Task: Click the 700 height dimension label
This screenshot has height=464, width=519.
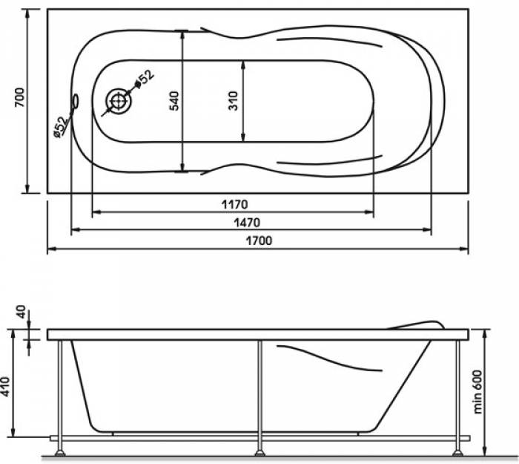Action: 19,97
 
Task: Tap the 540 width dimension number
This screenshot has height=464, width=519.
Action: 174,101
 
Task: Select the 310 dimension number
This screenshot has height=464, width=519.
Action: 234,101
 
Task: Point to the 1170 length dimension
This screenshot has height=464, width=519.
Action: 235,204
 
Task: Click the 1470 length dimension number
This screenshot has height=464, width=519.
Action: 247,223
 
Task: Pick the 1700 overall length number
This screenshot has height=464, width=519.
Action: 259,241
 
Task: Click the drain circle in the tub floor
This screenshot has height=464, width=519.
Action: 117,102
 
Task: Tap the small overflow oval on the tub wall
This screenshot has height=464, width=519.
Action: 76,101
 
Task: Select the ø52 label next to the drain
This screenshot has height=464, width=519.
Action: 145,79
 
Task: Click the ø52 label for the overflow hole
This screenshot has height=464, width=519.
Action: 61,127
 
